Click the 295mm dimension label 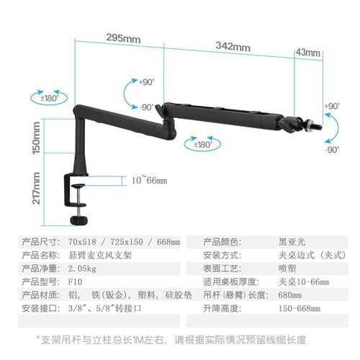pyautogui.click(x=123, y=39)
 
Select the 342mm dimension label pyautogui.click(x=233, y=46)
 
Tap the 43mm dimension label pyautogui.click(x=308, y=53)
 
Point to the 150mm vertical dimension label pyautogui.click(x=37, y=138)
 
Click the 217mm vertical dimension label pyautogui.click(x=37, y=188)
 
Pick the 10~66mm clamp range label pyautogui.click(x=149, y=180)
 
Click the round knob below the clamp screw pyautogui.click(x=78, y=220)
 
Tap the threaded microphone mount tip pyautogui.click(x=317, y=127)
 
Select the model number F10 pyautogui.click(x=75, y=282)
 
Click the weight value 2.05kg pyautogui.click(x=82, y=269)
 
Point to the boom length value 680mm pyautogui.click(x=290, y=295)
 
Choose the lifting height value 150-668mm pyautogui.click(x=300, y=308)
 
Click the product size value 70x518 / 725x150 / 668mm pyautogui.click(x=124, y=242)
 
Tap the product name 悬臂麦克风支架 pyautogui.click(x=100, y=255)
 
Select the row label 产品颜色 pyautogui.click(x=222, y=242)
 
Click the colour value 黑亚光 pyautogui.click(x=292, y=242)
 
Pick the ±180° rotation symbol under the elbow pyautogui.click(x=202, y=144)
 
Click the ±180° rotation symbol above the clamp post pyautogui.click(x=49, y=98)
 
